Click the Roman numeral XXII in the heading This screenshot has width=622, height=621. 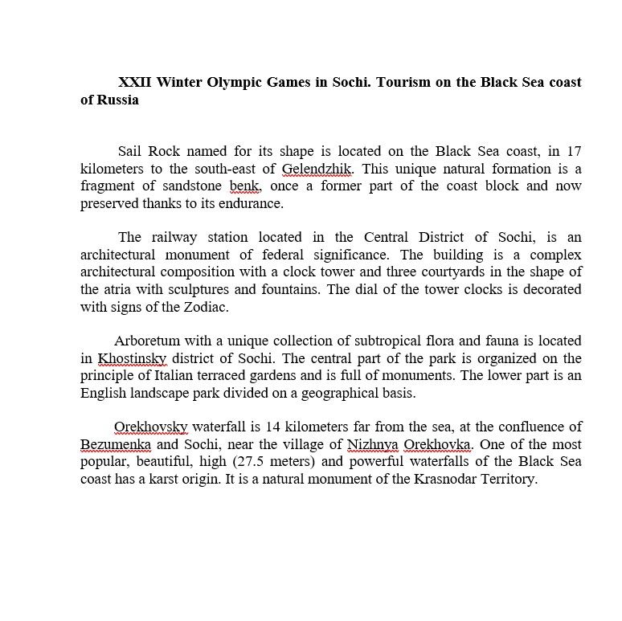pyautogui.click(x=135, y=82)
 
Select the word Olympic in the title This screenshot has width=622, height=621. pyautogui.click(x=228, y=82)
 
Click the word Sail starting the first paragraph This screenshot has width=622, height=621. pyautogui.click(x=130, y=151)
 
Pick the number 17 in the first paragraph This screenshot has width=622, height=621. pyautogui.click(x=574, y=151)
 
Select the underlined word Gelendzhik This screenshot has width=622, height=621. pyautogui.click(x=317, y=169)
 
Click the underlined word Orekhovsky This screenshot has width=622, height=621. pyautogui.click(x=151, y=427)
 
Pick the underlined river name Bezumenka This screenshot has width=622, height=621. pyautogui.click(x=116, y=444)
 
